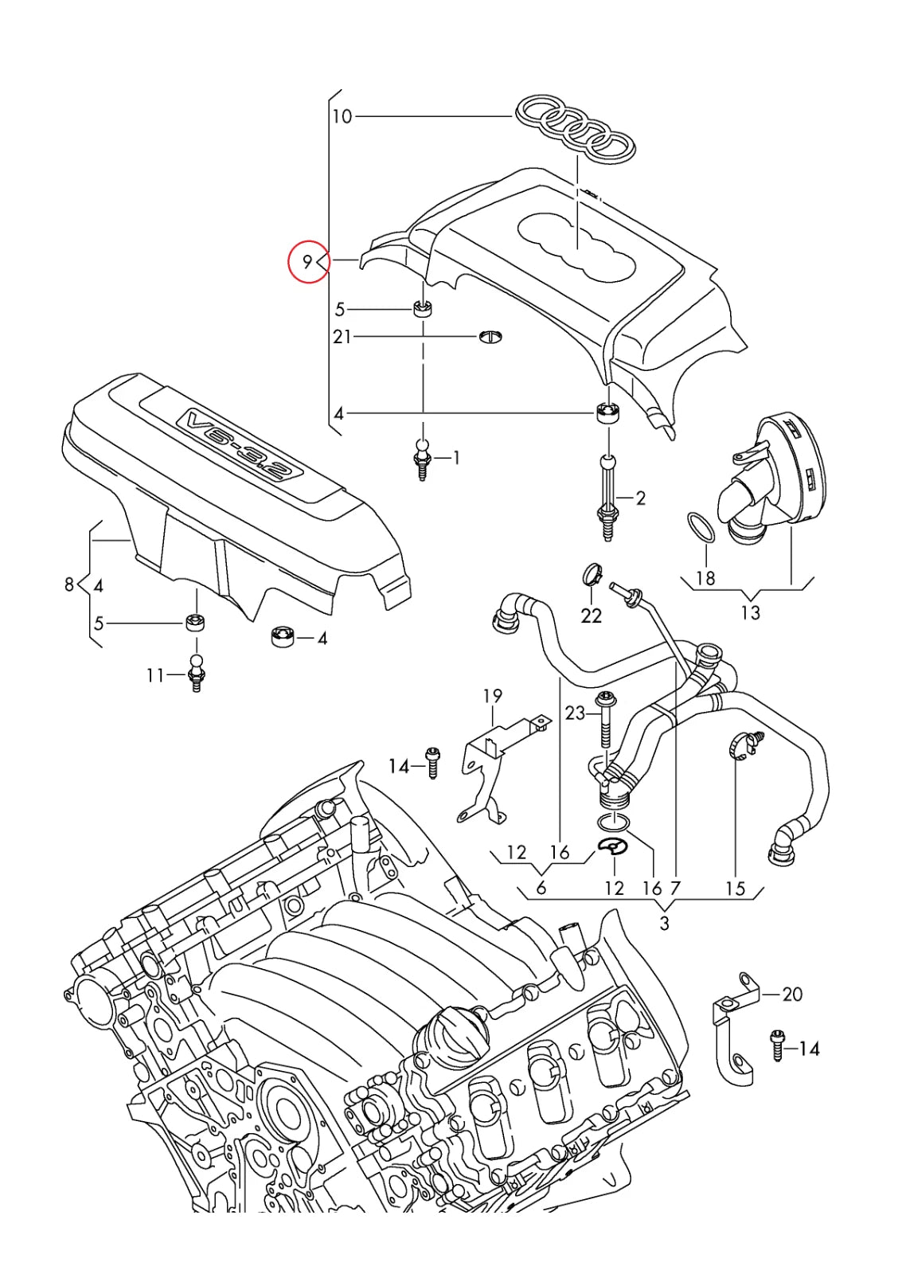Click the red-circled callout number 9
click(x=307, y=261)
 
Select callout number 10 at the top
click(x=342, y=117)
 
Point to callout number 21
click(x=342, y=337)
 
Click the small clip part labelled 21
click(x=490, y=338)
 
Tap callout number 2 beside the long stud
click(x=640, y=498)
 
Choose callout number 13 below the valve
click(x=750, y=612)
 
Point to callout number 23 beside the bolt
click(x=575, y=713)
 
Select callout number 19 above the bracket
click(x=493, y=696)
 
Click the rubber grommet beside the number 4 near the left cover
click(x=282, y=636)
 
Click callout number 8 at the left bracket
click(x=69, y=585)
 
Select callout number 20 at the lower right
click(x=792, y=994)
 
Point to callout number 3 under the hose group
click(x=664, y=924)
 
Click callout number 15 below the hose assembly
click(x=735, y=888)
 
